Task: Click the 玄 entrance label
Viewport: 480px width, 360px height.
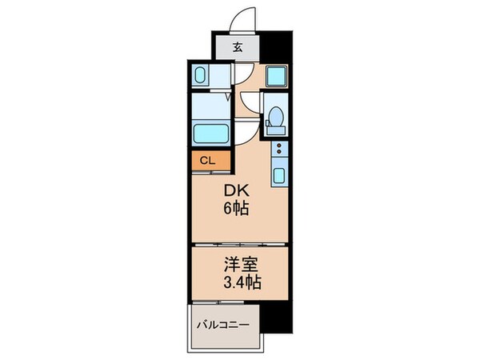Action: [237, 46]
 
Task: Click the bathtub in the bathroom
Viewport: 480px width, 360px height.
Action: [210, 132]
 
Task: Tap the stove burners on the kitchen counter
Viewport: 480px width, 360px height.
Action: [278, 149]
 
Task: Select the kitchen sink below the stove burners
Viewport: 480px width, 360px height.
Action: [278, 174]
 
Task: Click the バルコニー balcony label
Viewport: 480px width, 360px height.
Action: [222, 326]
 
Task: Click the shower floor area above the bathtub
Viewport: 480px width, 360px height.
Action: [210, 106]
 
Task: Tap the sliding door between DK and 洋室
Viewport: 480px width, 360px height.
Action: [238, 241]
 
